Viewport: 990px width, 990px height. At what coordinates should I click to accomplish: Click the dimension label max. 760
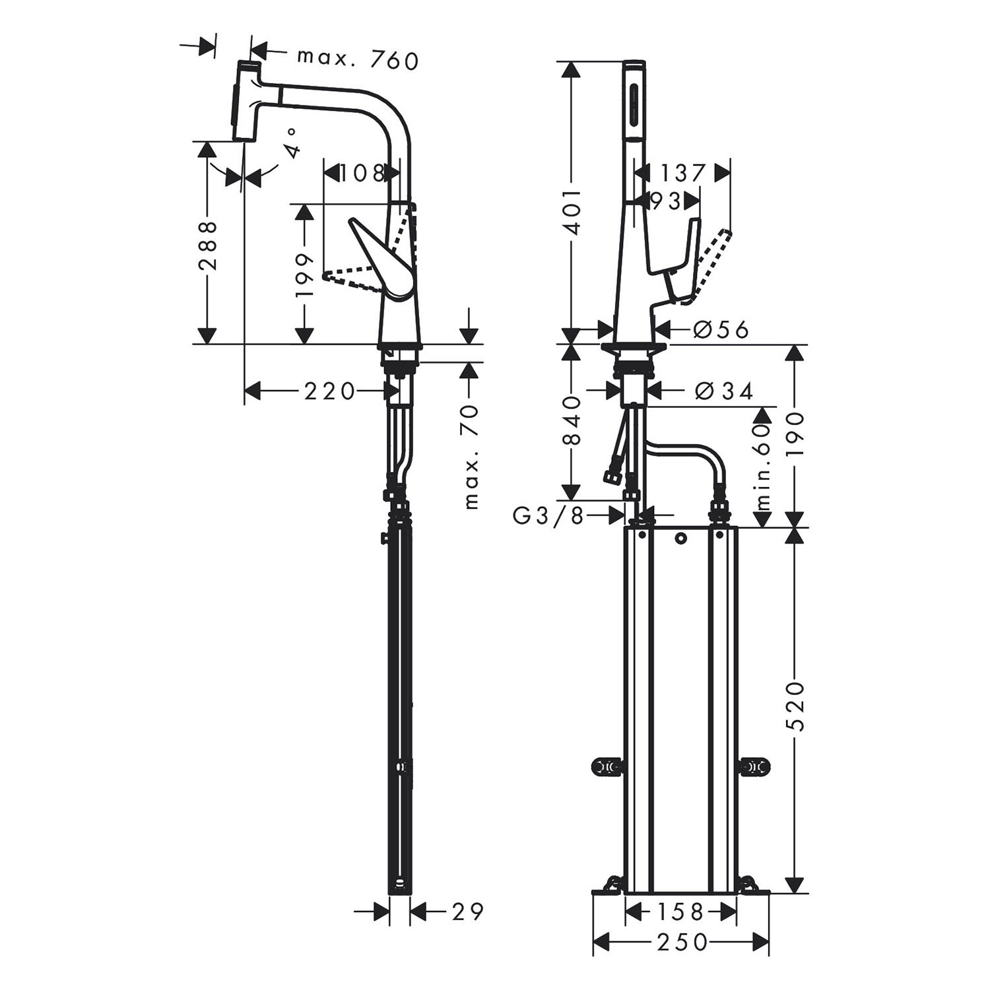coord(358,60)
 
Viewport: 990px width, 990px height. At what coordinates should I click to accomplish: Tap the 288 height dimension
coord(208,246)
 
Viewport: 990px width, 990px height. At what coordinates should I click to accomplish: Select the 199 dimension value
coord(304,276)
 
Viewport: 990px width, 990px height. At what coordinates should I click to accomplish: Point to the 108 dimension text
coord(362,174)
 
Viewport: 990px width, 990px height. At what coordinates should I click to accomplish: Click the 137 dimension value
coord(682,174)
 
